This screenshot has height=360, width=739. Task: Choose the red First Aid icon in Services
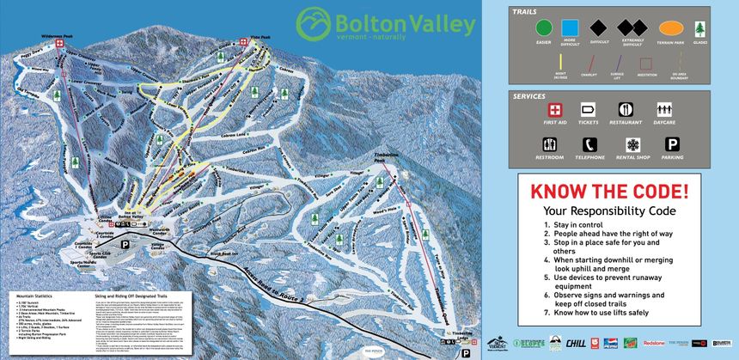coord(555,111)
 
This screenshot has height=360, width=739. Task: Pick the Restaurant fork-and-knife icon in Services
coord(625,111)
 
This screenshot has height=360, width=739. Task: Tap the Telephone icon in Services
coord(589,145)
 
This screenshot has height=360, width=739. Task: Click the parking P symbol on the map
coord(125,244)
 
